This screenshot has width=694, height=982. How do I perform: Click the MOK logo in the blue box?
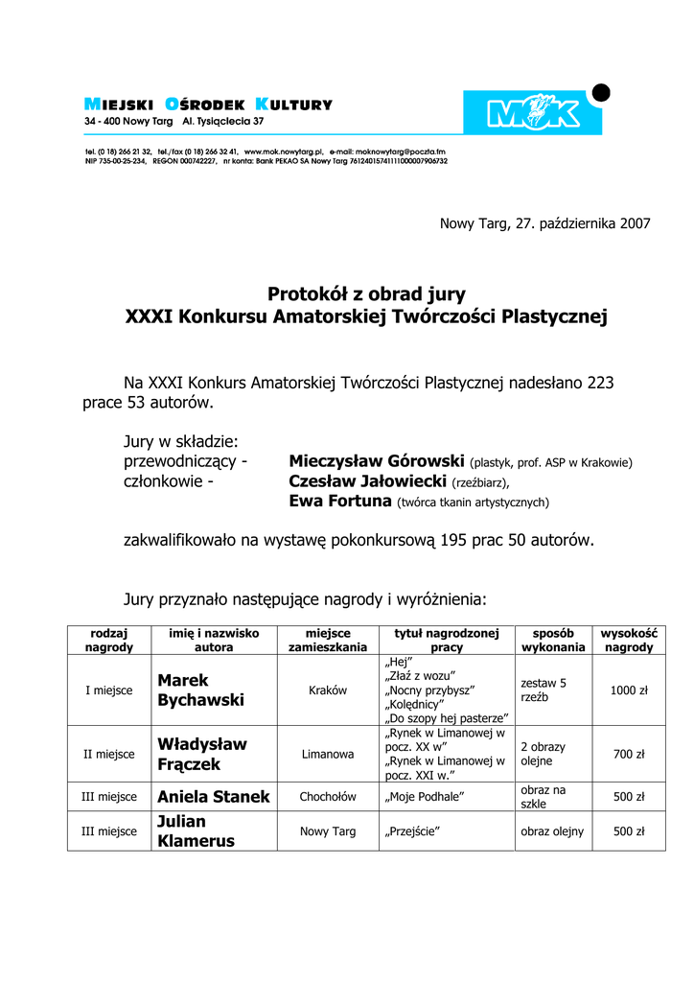coord(533,113)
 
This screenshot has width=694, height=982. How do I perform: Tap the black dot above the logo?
coord(601,92)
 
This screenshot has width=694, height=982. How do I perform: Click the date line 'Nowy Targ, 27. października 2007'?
coord(544,223)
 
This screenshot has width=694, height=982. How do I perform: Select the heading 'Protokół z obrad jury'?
coord(366,294)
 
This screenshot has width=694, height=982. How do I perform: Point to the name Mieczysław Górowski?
coord(377,461)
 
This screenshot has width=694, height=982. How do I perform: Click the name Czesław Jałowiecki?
coord(368,481)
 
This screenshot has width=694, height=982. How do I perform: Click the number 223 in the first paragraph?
coord(600,383)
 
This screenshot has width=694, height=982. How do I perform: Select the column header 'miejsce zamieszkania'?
coord(328,641)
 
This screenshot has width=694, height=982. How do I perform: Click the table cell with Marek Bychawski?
coord(201,690)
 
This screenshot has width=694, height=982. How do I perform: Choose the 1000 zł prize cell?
coord(630,690)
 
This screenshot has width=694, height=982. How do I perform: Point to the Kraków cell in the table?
coord(328,690)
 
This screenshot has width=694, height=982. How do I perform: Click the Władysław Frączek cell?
coord(202,755)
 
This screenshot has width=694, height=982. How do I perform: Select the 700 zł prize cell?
coord(630,755)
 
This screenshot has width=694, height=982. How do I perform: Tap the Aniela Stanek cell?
coord(214,797)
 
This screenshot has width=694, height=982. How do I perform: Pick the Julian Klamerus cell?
coord(197,831)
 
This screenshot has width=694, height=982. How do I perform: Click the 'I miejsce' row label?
coord(108,690)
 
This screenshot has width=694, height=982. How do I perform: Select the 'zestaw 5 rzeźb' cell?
coord(544,690)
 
